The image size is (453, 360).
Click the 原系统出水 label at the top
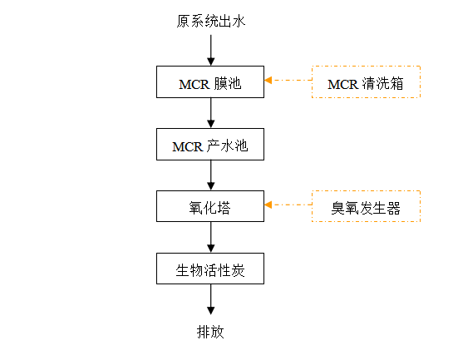click(x=211, y=22)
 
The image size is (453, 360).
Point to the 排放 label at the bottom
click(x=210, y=332)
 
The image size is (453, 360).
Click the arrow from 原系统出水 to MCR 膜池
click(x=211, y=50)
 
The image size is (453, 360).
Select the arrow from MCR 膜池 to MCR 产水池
click(x=211, y=113)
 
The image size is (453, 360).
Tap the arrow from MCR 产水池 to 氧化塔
click(x=211, y=175)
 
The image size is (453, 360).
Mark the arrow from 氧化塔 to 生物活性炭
click(x=211, y=237)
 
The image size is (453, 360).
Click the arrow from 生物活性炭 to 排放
click(x=211, y=299)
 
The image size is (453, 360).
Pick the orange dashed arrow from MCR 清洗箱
click(x=288, y=80)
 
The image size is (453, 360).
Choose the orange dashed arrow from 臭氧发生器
click(x=288, y=205)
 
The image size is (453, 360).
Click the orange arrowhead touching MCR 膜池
click(x=268, y=80)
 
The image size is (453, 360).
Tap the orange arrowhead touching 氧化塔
click(x=268, y=205)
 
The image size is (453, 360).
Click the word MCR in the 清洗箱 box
click(x=342, y=85)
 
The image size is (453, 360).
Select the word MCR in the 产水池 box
click(x=188, y=147)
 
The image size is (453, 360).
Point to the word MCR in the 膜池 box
click(x=194, y=85)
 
